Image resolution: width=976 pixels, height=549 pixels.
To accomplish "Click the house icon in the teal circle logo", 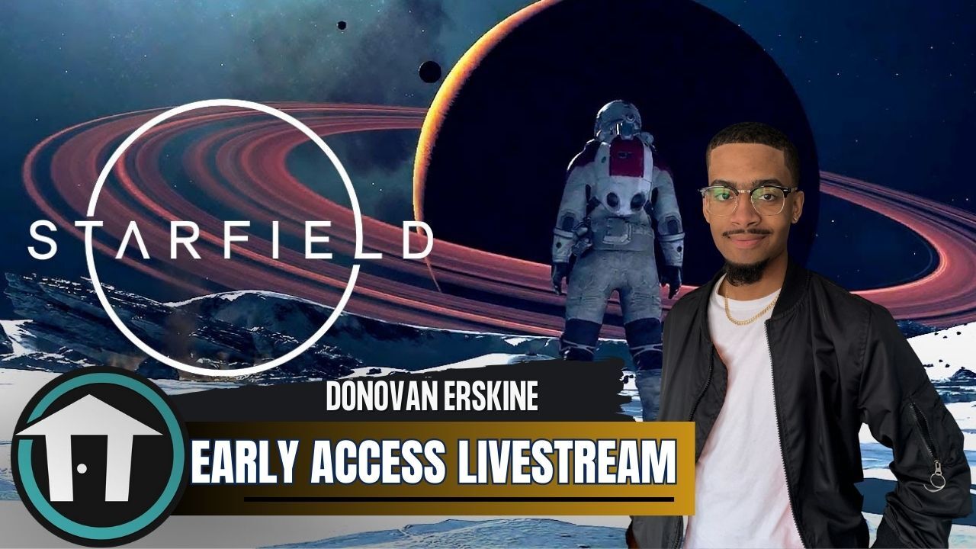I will (89, 455).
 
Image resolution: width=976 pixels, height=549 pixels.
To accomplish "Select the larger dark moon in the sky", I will (429, 72).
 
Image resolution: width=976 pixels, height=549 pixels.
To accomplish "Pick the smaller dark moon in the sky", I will (342, 25).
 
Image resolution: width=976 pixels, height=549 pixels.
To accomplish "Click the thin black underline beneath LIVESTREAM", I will (457, 499).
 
